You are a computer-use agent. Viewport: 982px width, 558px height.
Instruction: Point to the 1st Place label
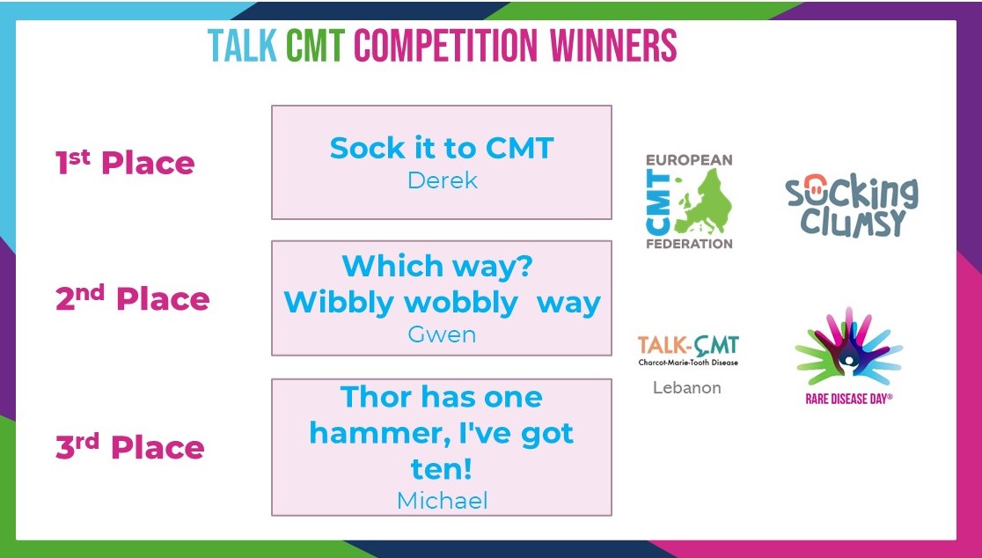(x=125, y=164)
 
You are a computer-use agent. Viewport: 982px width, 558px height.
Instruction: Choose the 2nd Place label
(x=132, y=299)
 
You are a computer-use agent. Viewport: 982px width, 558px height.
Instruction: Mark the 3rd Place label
(x=129, y=446)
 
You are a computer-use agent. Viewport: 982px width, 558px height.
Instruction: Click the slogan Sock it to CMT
(x=442, y=148)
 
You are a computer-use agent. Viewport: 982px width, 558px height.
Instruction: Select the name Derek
(x=442, y=180)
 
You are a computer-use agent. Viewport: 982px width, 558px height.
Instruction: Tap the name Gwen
(x=442, y=334)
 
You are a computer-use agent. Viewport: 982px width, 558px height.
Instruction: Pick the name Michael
(x=442, y=500)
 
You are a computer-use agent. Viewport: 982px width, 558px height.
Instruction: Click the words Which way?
(x=436, y=266)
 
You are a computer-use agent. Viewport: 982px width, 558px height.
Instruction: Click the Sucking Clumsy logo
(x=851, y=206)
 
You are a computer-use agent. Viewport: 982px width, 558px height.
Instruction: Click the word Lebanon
(x=687, y=387)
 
